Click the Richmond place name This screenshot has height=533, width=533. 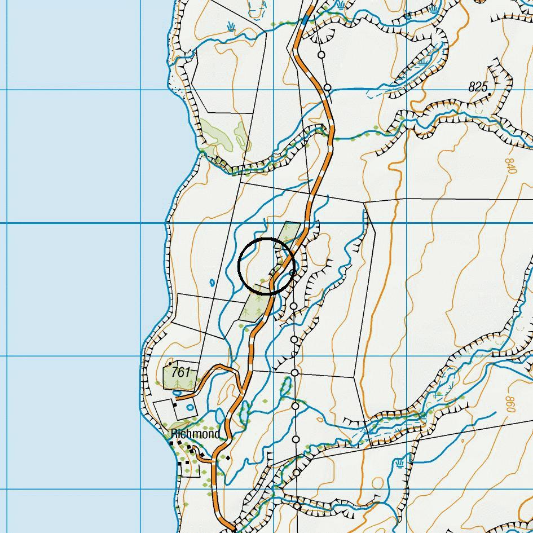pos(195,434)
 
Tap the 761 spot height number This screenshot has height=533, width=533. pos(181,372)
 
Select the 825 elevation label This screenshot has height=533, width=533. pos(478,87)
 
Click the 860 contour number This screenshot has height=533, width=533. pos(511,403)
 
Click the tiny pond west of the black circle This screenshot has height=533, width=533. pos(212,283)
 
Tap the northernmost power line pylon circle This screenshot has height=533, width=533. pos(321,55)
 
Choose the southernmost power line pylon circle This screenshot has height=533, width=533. pos(297,506)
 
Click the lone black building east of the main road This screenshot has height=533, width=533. pos(228,458)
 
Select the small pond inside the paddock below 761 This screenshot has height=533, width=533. pos(190,407)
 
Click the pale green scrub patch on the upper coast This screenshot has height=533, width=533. pos(220,135)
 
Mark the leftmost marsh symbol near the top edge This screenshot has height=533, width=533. pos(231,26)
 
